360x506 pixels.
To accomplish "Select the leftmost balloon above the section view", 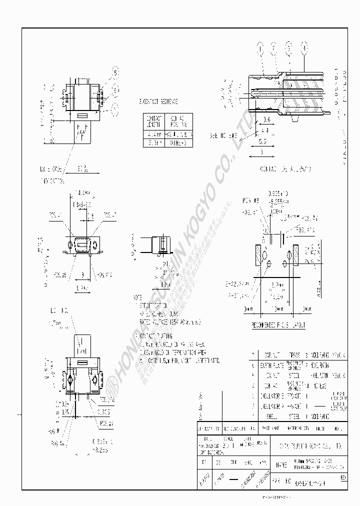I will [260, 48].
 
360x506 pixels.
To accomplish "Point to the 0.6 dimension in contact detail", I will [266, 119].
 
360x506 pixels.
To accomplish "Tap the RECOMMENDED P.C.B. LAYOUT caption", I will [279, 325].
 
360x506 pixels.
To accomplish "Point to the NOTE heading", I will [138, 296].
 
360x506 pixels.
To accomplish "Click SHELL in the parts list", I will [271, 415].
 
